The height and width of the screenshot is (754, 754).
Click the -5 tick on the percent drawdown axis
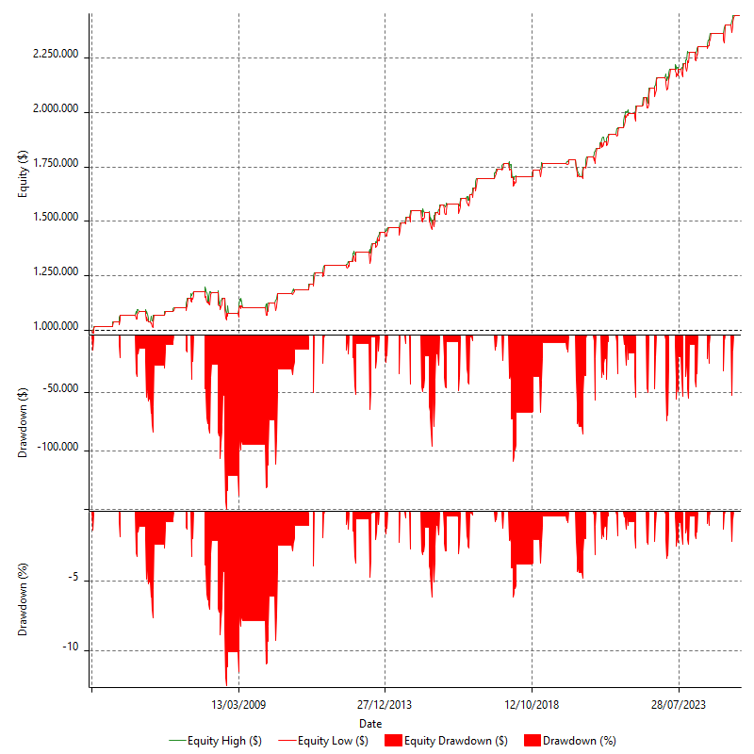click(75, 581)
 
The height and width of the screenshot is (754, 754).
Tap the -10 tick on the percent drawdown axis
click(73, 650)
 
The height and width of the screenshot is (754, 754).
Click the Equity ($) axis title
click(23, 175)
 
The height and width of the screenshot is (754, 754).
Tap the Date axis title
click(370, 723)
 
